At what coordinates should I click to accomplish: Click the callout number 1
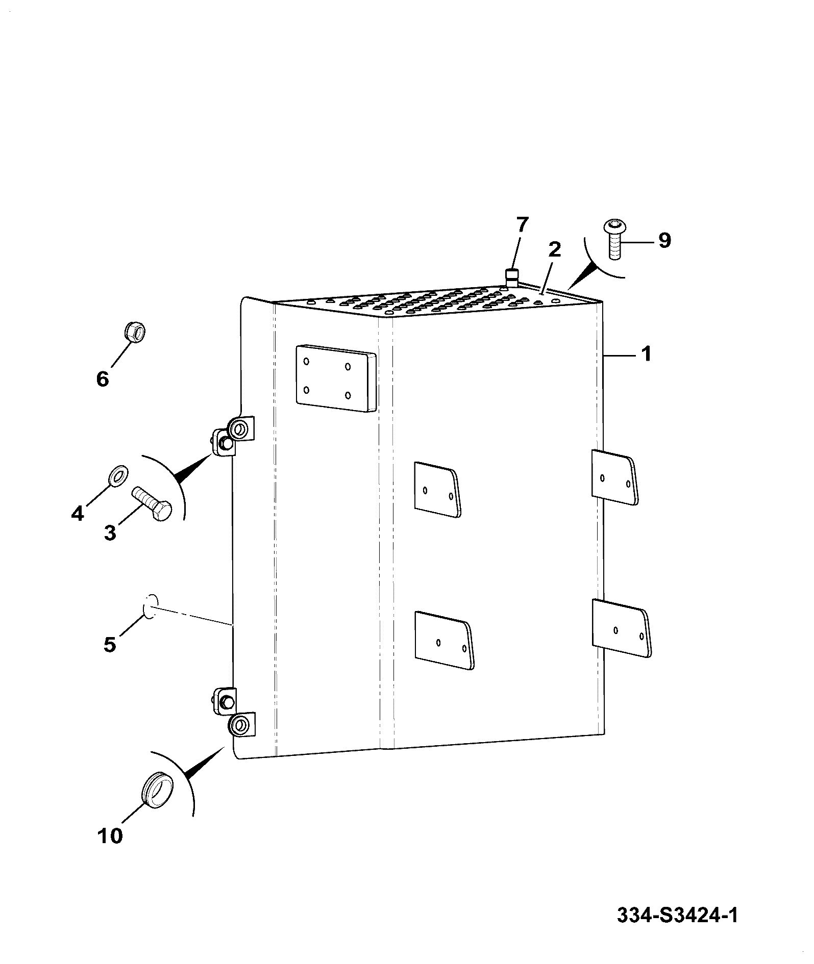(x=646, y=353)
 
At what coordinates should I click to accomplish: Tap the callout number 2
(x=554, y=249)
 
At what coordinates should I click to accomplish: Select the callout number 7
(x=522, y=225)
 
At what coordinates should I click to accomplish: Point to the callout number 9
(x=664, y=240)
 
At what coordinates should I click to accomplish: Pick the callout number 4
(x=77, y=513)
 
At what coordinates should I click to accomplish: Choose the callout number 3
(x=110, y=532)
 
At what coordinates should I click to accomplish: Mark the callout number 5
(x=110, y=644)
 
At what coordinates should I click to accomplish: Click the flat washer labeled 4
(x=118, y=475)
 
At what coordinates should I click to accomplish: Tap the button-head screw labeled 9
(x=615, y=239)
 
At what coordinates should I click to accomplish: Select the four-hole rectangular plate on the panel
(x=335, y=377)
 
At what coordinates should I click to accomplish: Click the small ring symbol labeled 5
(x=149, y=606)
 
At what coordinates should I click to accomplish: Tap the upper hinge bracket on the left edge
(x=233, y=436)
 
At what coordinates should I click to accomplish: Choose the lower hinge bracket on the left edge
(x=233, y=713)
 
